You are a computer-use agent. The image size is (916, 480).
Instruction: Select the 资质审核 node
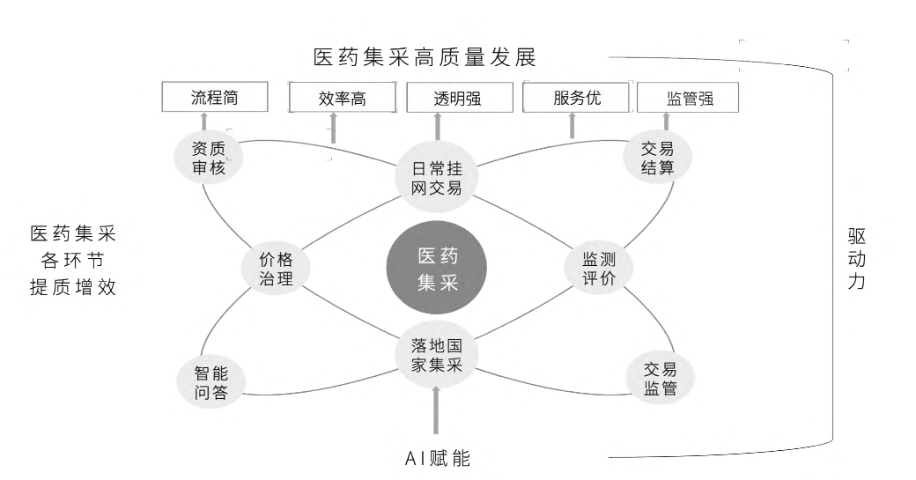[209, 158]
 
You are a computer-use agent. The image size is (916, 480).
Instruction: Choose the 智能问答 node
[211, 382]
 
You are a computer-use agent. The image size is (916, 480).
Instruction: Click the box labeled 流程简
[214, 98]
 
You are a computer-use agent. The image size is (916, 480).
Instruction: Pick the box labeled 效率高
[342, 100]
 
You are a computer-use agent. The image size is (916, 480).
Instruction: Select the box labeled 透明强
[457, 99]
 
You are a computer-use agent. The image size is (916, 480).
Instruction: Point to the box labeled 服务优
[577, 98]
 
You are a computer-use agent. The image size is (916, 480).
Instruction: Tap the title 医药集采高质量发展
[425, 58]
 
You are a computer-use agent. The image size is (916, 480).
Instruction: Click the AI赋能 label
[437, 458]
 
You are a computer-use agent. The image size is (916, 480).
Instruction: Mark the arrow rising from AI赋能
[437, 415]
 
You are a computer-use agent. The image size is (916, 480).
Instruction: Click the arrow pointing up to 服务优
[572, 126]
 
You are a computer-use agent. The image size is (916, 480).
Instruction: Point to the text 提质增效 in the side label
[73, 288]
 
